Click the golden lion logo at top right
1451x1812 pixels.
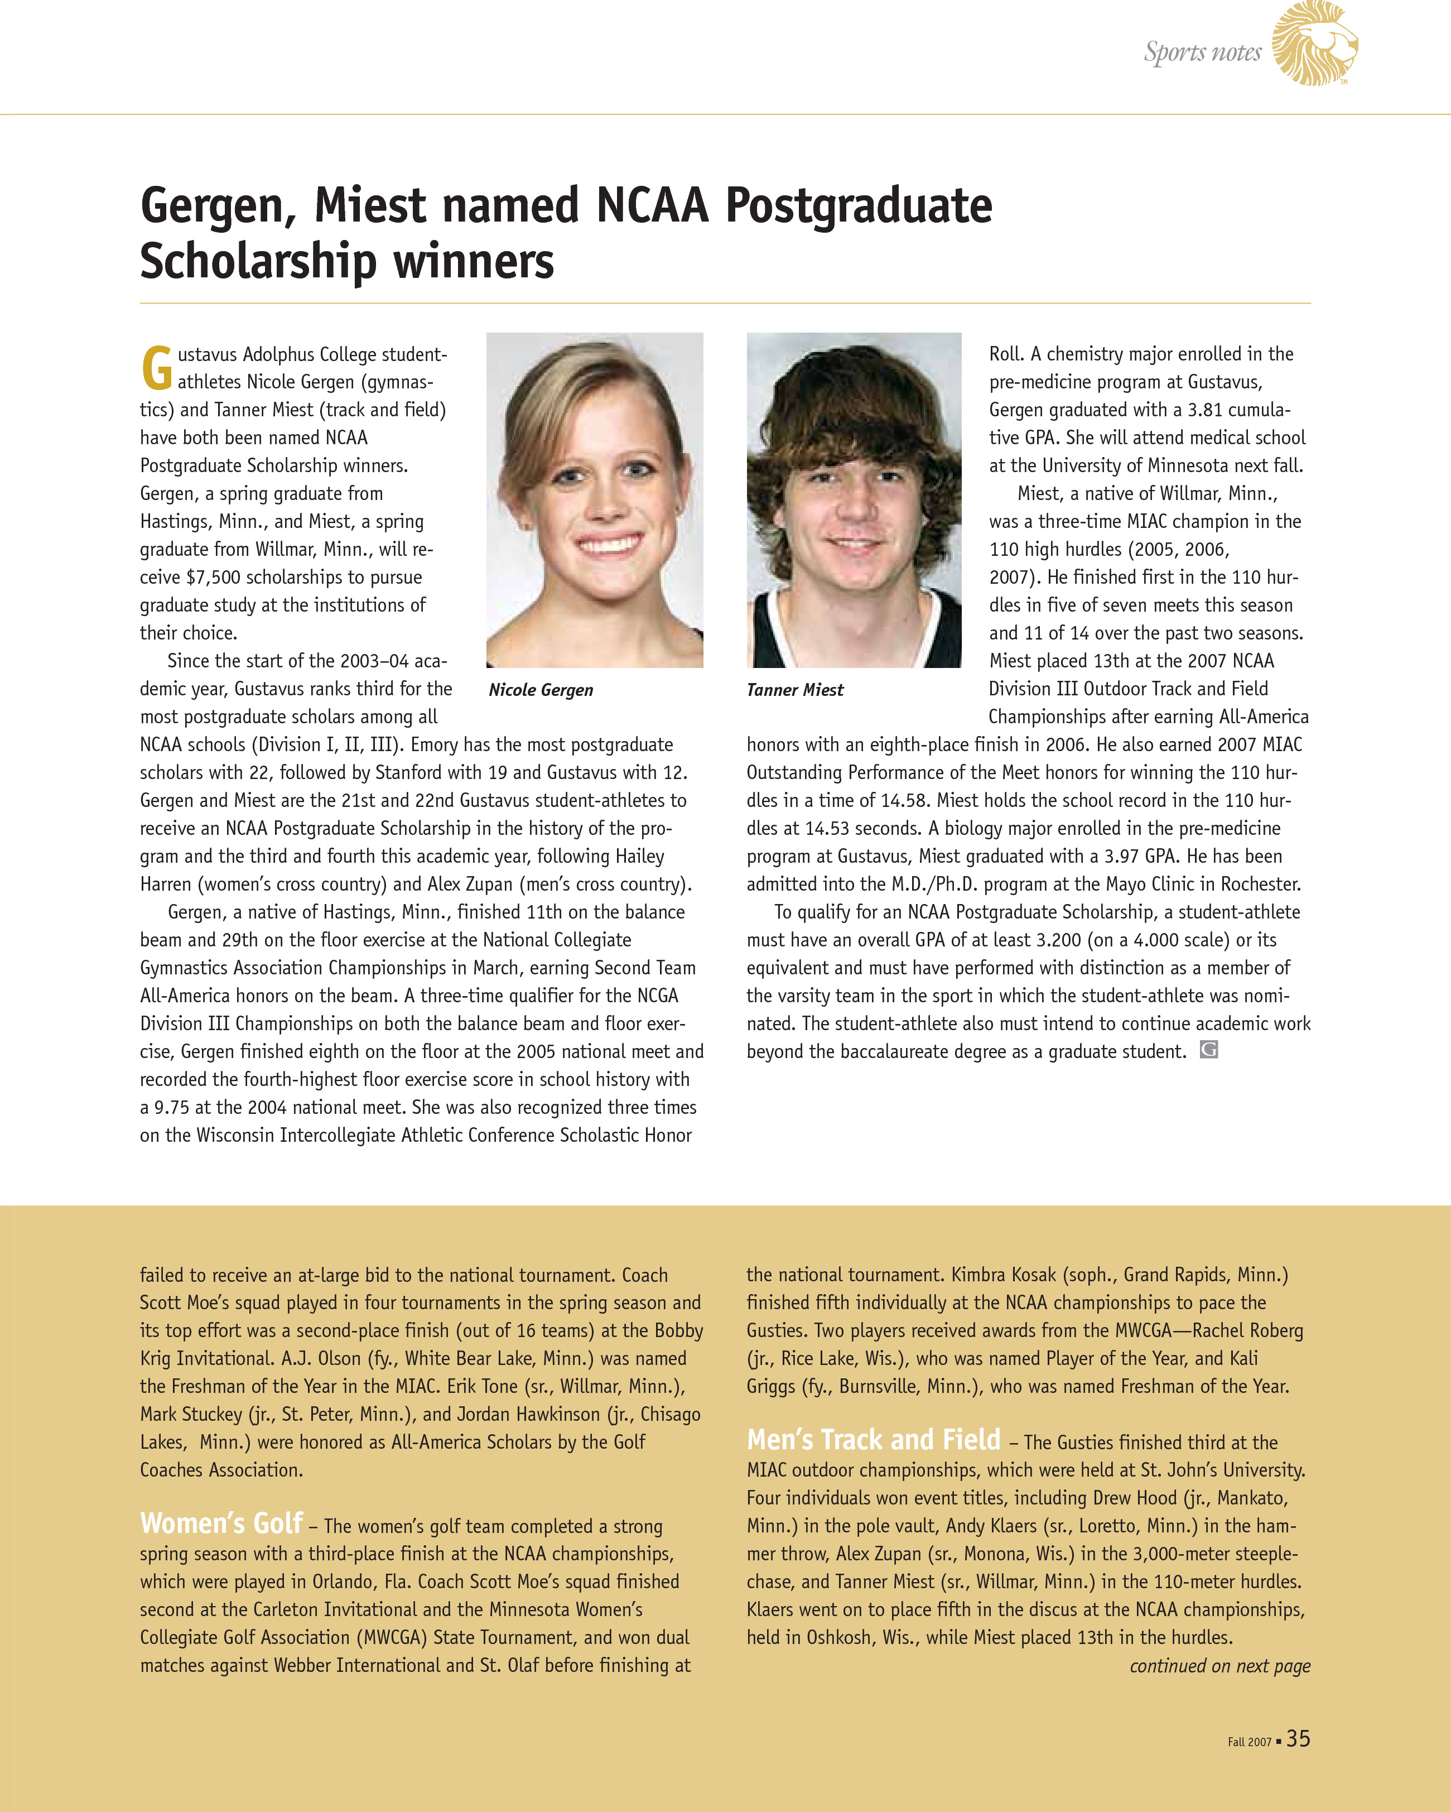click(1314, 44)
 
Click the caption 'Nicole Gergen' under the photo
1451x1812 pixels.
click(541, 690)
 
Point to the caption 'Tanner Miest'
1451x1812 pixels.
click(795, 690)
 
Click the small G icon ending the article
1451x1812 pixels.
click(1208, 1050)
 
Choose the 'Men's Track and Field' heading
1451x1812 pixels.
click(873, 1440)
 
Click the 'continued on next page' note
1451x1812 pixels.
click(1219, 1666)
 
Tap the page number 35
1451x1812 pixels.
click(1298, 1739)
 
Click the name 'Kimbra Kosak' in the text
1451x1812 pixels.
click(1003, 1275)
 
